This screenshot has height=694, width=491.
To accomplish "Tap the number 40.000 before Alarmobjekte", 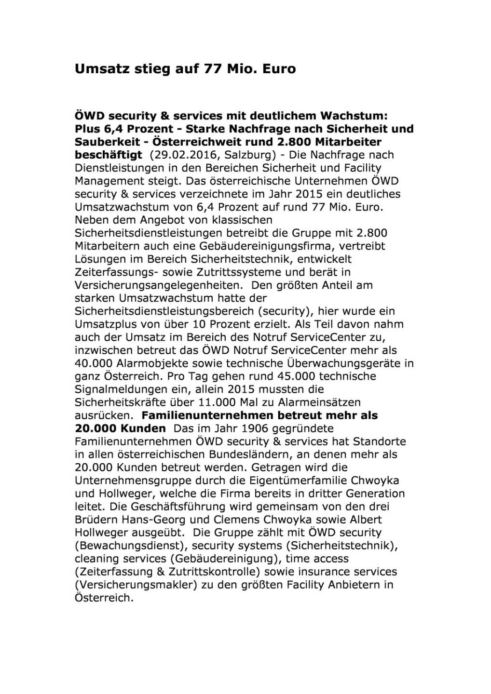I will coord(93,363).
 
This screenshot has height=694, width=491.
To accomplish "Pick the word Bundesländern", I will coord(247,454).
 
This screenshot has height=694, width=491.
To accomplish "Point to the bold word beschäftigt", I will coord(109,155).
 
